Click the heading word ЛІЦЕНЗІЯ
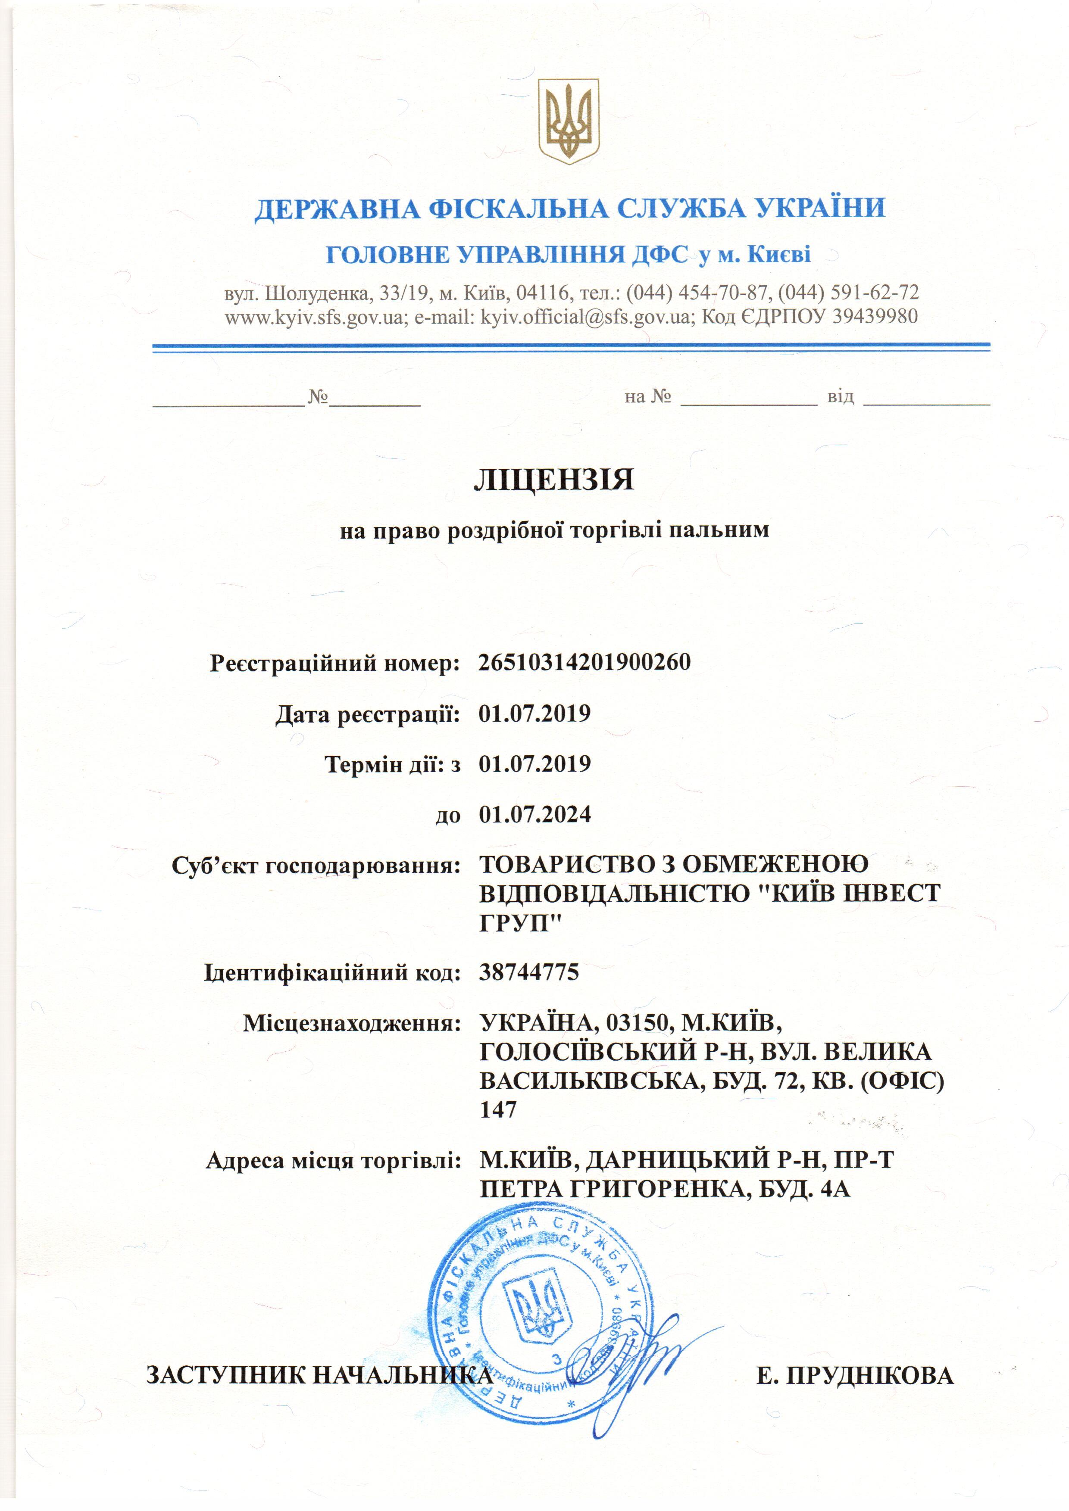tap(553, 480)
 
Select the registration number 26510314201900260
tap(585, 662)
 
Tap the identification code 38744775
tap(528, 972)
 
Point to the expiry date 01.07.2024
tap(534, 815)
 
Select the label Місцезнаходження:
tap(351, 1023)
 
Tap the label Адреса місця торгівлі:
tap(333, 1161)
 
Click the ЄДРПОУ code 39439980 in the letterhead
tap(875, 317)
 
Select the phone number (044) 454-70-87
tap(697, 292)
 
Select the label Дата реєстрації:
tap(367, 714)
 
